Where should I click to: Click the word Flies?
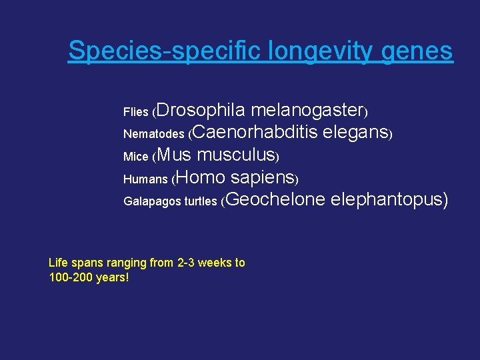tap(135, 112)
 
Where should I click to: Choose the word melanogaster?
tap(306, 109)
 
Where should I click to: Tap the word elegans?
tap(355, 133)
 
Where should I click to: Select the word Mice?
tap(135, 157)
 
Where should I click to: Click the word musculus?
tap(237, 155)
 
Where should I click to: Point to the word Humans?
tap(145, 179)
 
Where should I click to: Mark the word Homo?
tap(201, 177)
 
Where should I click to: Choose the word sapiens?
tap(263, 178)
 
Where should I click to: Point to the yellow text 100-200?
tap(71, 277)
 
